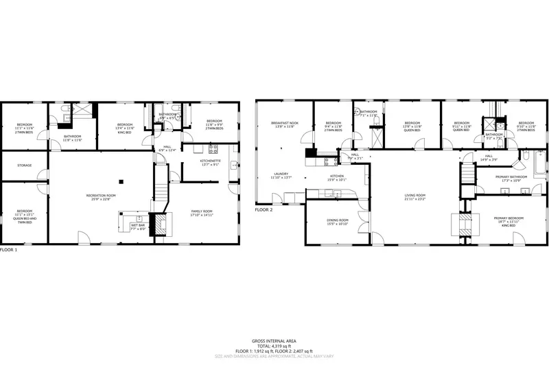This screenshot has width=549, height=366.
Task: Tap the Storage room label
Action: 24,165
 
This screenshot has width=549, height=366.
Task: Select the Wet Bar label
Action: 139,225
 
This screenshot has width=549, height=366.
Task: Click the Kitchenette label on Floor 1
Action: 209,161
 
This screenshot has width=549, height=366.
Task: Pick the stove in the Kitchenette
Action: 212,148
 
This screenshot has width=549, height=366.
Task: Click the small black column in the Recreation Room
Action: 120,181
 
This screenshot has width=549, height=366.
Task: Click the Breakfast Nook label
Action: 283,124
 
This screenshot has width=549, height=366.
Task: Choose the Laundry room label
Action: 282,174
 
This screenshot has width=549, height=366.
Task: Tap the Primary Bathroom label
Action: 511,176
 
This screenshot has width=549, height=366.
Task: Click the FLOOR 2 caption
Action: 264,210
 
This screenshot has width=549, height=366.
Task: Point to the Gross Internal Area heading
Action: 274,341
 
